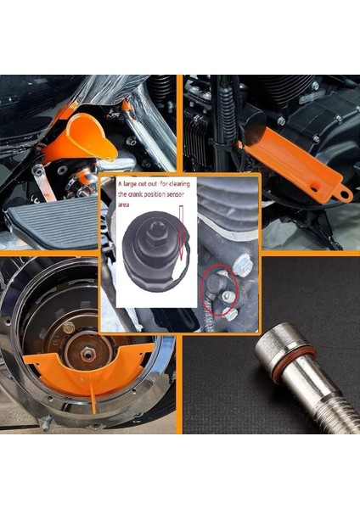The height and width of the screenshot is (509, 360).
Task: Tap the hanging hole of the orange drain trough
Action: click(345, 195)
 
